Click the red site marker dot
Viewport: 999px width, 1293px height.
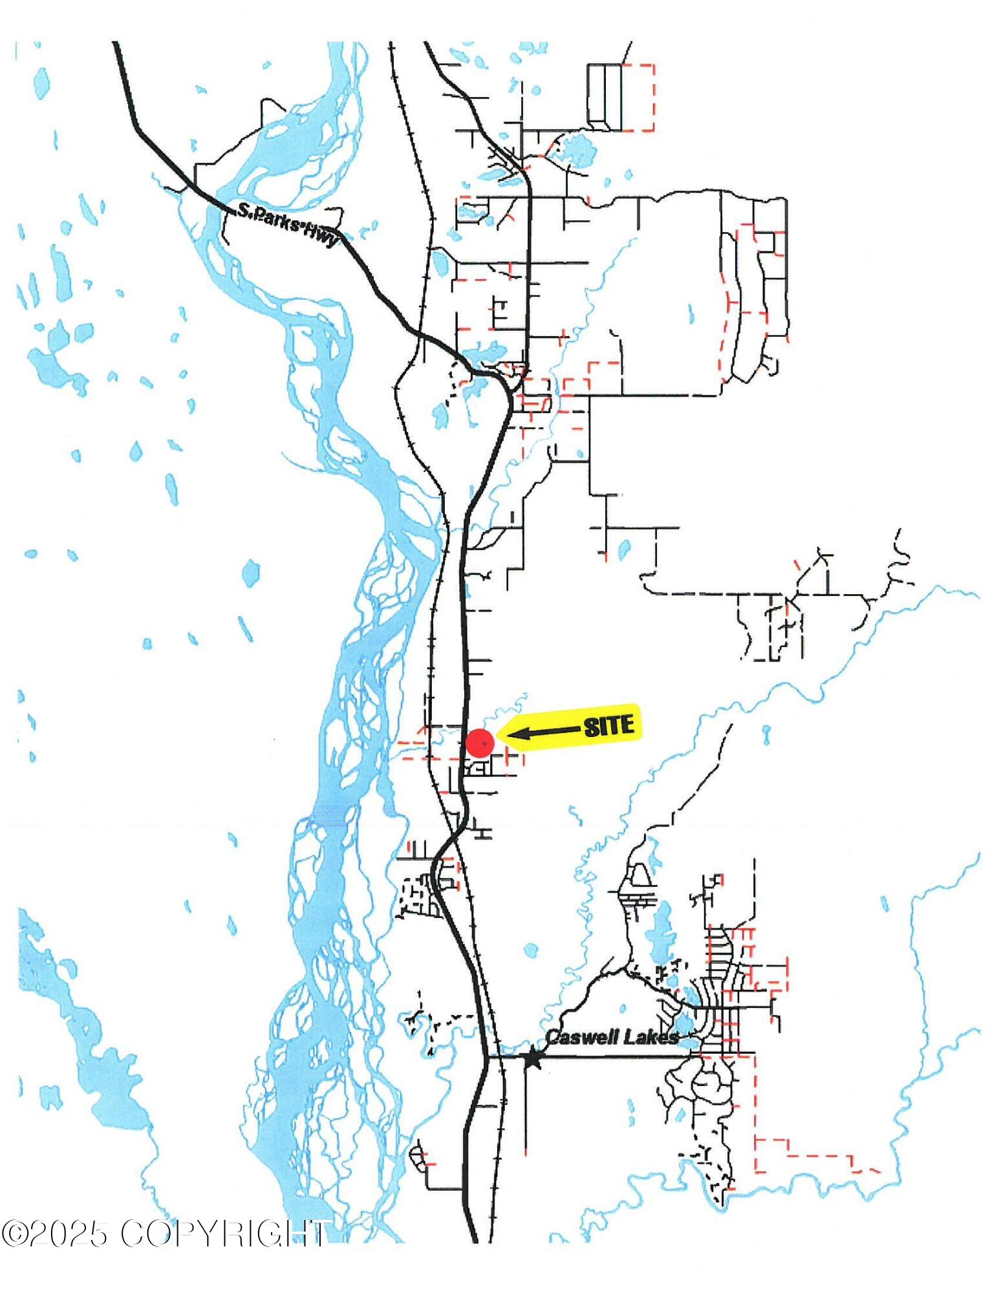(x=480, y=743)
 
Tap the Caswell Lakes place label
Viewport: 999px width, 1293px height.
(x=612, y=1037)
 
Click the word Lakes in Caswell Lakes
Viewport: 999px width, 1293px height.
(x=652, y=1037)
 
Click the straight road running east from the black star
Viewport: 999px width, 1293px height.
(x=614, y=1056)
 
